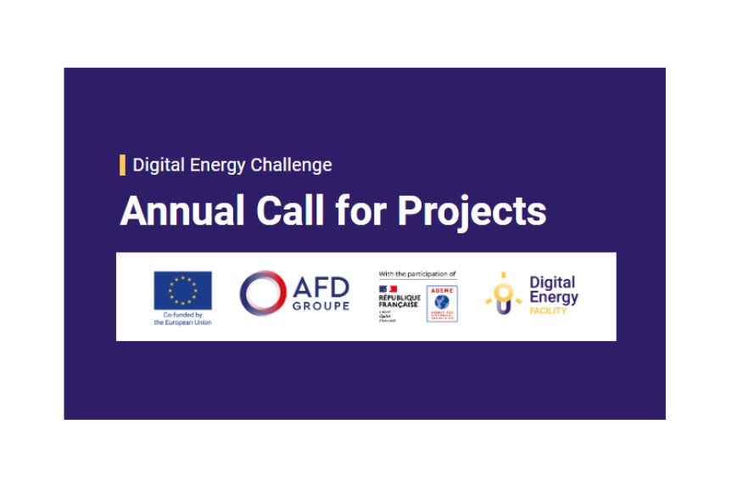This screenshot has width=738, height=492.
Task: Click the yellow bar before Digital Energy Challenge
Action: [x=123, y=165]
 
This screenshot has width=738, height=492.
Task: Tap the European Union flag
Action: [x=182, y=290]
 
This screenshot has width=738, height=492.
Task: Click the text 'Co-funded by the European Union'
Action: [x=182, y=319]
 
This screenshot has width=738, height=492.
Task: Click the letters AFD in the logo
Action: [x=321, y=287]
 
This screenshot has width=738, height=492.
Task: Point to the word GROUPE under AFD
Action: [x=321, y=305]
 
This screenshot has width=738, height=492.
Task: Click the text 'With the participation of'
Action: [x=417, y=274]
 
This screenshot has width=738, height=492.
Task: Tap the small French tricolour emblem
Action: [x=387, y=290]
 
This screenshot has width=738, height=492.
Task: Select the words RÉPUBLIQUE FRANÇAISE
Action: [x=399, y=302]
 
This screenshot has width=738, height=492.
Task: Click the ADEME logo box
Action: [x=442, y=303]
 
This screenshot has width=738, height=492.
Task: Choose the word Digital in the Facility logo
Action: [x=551, y=282]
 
